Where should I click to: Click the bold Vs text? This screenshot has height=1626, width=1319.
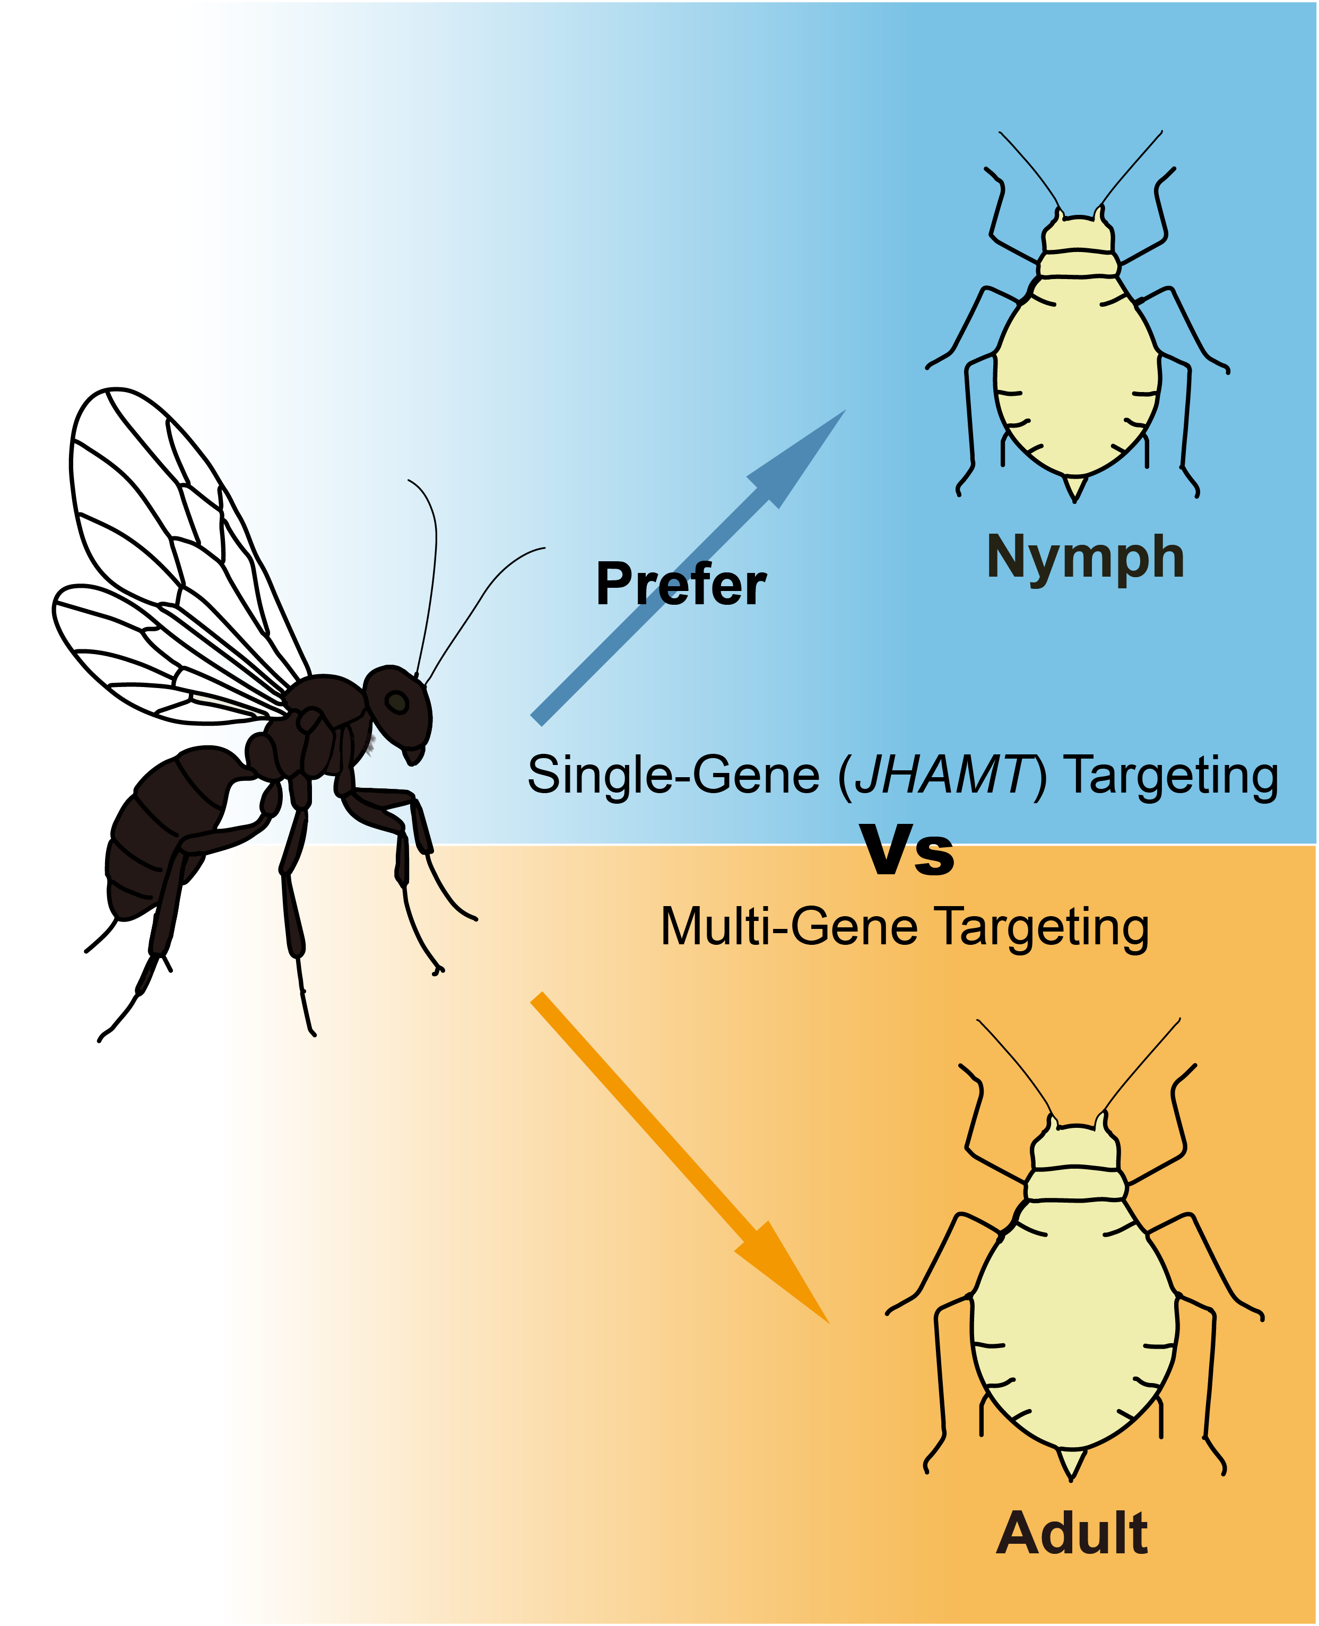(x=908, y=851)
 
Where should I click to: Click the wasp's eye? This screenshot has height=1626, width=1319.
(x=396, y=701)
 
